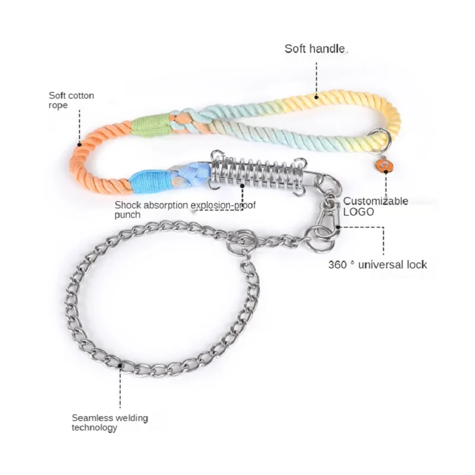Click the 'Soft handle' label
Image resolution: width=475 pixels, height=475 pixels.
pyautogui.click(x=315, y=49)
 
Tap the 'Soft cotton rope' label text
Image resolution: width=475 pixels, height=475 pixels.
pyautogui.click(x=71, y=100)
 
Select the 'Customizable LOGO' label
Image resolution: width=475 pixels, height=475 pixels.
pyautogui.click(x=375, y=206)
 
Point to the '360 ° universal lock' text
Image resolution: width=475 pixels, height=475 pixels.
pyautogui.click(x=378, y=264)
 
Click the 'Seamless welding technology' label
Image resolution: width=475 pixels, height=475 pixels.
pyautogui.click(x=110, y=422)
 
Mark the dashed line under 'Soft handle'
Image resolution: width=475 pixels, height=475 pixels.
pyautogui.click(x=316, y=75)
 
